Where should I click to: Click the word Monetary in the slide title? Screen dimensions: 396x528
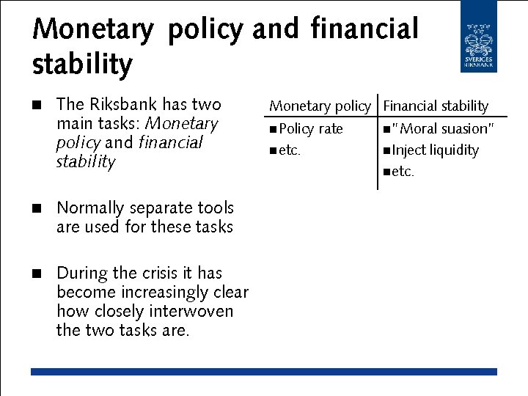(x=93, y=29)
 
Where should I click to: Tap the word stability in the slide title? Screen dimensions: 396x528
(x=82, y=65)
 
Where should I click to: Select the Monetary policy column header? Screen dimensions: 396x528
(x=320, y=106)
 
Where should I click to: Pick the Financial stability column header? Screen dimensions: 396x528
(x=436, y=106)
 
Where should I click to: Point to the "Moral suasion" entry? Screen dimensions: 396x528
(x=443, y=128)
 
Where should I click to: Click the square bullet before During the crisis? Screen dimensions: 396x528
(x=35, y=274)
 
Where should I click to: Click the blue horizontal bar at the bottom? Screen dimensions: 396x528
(x=264, y=372)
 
